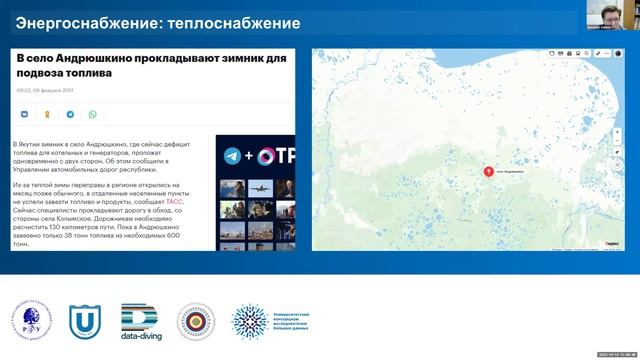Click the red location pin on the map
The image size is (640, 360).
click(x=488, y=171)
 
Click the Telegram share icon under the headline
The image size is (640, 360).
click(x=71, y=115)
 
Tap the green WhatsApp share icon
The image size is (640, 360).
click(x=93, y=115)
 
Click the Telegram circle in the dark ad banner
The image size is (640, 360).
click(x=232, y=156)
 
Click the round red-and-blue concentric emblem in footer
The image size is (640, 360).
click(x=196, y=321)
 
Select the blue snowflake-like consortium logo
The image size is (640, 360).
click(x=250, y=321)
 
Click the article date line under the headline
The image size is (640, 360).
click(x=44, y=91)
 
